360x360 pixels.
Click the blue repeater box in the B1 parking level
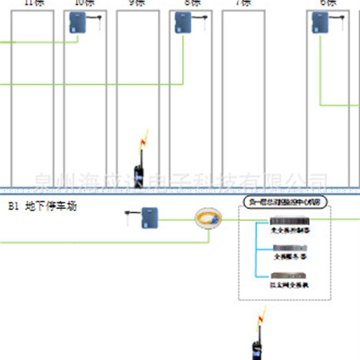click(149, 218)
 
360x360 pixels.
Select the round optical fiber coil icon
click(208, 219)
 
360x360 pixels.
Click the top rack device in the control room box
click(289, 221)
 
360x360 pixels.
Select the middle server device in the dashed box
click(290, 248)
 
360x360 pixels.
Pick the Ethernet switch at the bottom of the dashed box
click(290, 275)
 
